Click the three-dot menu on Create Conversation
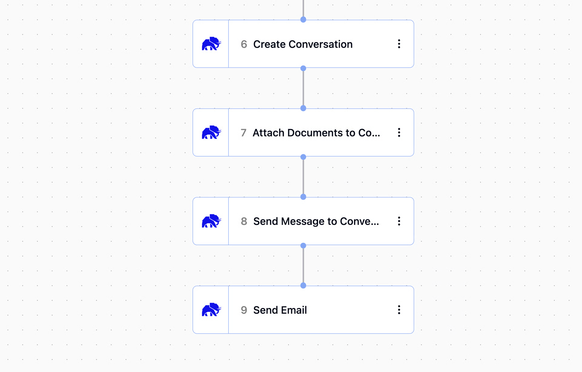[399, 44]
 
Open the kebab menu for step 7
[399, 133]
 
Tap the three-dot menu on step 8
[399, 221]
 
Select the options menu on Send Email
[399, 310]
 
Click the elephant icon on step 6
[212, 44]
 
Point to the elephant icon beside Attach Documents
[212, 132]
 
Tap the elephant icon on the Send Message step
[212, 221]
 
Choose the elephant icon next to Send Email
[212, 309]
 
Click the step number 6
[244, 44]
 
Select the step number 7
[243, 133]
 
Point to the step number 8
[244, 222]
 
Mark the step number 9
[244, 310]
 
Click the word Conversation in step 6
[320, 44]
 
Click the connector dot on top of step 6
[303, 20]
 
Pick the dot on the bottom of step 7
[303, 157]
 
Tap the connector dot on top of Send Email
[303, 286]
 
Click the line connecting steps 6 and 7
[303, 88]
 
